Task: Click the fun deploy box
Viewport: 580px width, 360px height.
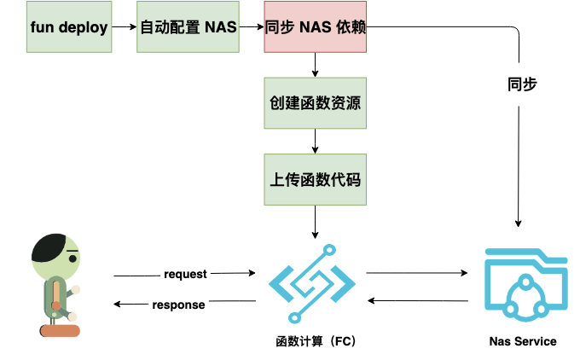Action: click(69, 28)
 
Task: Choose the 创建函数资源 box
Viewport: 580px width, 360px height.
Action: click(316, 103)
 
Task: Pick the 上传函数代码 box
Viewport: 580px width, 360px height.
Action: click(316, 180)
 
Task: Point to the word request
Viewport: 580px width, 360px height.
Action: click(185, 275)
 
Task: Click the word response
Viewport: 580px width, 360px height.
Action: click(178, 305)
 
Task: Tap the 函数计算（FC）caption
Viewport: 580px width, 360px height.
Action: click(316, 341)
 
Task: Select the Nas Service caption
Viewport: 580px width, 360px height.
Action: click(523, 341)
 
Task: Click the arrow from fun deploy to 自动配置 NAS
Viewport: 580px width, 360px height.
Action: click(125, 28)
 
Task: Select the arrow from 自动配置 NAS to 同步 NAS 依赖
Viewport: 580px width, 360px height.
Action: click(251, 28)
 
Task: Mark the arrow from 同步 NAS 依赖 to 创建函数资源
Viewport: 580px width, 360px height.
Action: click(316, 66)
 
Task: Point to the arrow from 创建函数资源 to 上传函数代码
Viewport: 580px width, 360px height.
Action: click(316, 142)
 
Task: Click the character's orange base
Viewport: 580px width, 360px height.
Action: click(60, 330)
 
